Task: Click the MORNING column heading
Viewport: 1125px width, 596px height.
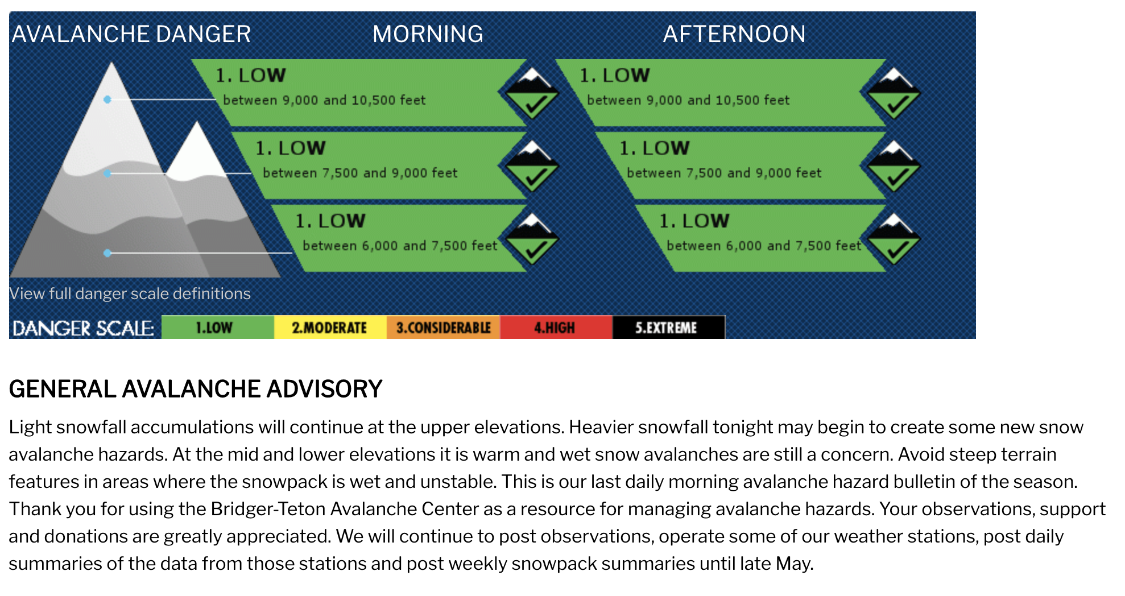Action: pos(428,34)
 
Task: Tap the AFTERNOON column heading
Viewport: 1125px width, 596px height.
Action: pos(734,34)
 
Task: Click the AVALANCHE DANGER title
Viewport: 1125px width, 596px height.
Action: pos(131,34)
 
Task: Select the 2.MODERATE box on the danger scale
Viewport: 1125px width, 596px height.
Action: pos(330,328)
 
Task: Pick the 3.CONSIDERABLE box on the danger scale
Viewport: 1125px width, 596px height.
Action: pos(443,328)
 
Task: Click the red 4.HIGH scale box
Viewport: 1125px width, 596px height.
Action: pos(556,328)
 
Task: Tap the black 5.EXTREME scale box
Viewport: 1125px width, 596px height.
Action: pos(668,328)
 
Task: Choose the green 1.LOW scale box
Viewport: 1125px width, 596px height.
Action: pos(218,328)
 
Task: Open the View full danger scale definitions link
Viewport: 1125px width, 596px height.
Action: pos(130,293)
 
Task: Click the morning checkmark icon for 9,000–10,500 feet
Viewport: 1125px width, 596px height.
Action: pos(531,94)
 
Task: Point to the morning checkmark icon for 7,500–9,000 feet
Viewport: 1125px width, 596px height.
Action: pos(531,167)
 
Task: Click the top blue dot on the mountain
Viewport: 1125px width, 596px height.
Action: pos(107,100)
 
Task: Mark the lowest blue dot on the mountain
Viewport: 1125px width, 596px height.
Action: pos(107,253)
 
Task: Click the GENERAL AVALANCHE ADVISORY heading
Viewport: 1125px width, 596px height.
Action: pos(196,390)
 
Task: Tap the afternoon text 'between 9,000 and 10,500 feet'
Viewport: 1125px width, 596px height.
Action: pos(688,100)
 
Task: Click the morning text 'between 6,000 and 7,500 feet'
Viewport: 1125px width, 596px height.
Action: pos(400,246)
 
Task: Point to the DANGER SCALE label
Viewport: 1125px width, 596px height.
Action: pos(83,328)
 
